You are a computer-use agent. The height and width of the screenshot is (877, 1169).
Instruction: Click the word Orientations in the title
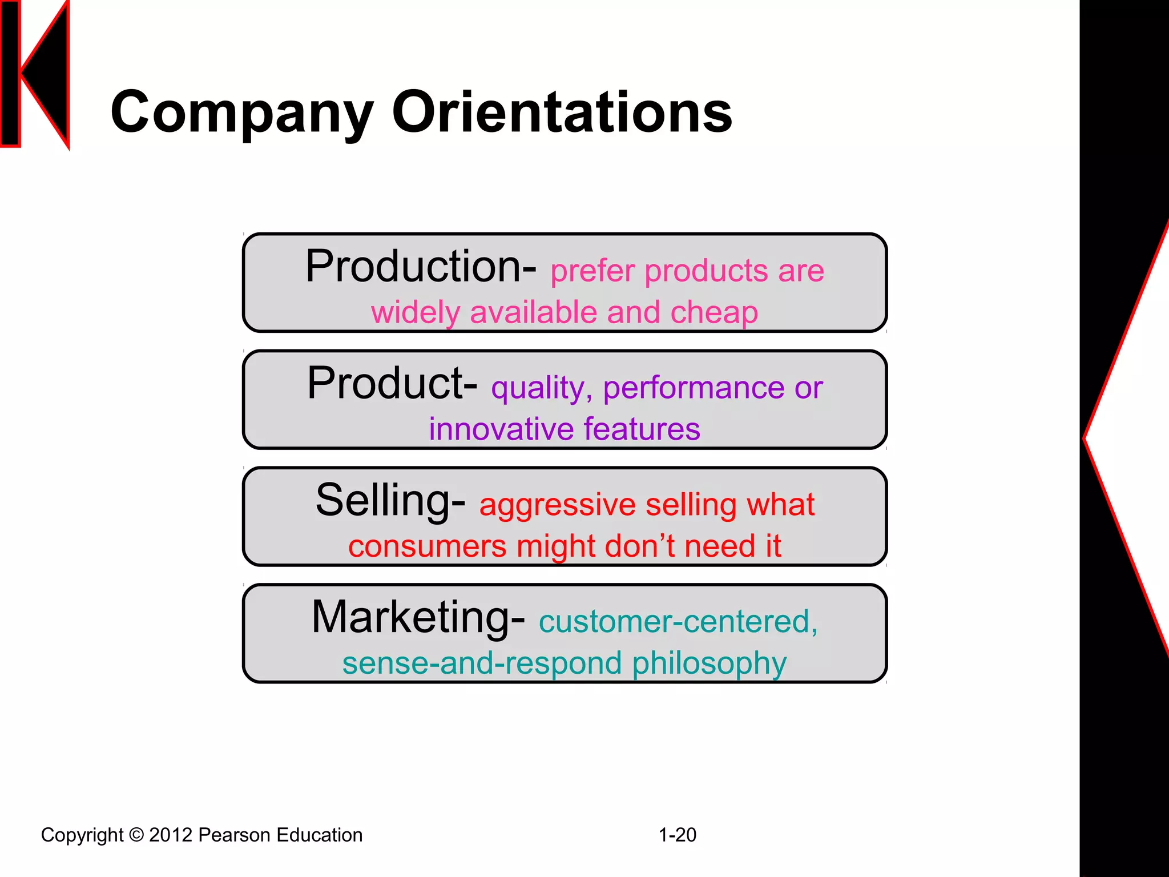tap(562, 112)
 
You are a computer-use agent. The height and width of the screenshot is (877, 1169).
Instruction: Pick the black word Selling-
tap(390, 501)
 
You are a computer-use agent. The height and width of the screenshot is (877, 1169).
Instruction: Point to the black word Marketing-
tap(418, 618)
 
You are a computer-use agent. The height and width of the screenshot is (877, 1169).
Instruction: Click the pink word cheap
tap(714, 312)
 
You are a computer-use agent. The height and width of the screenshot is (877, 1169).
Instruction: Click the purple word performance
tap(693, 388)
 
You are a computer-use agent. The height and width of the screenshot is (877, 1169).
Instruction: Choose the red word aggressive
tap(557, 505)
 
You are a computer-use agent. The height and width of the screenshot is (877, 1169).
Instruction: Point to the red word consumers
tap(427, 546)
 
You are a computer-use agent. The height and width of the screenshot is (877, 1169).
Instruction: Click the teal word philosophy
tap(709, 663)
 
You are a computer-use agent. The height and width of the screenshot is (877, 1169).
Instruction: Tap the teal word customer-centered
tap(678, 622)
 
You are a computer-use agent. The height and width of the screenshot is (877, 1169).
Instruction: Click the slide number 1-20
tap(677, 835)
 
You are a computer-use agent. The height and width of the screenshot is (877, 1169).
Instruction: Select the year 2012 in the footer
tap(170, 835)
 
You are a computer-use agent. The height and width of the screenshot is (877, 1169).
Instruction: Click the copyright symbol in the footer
tap(136, 835)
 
